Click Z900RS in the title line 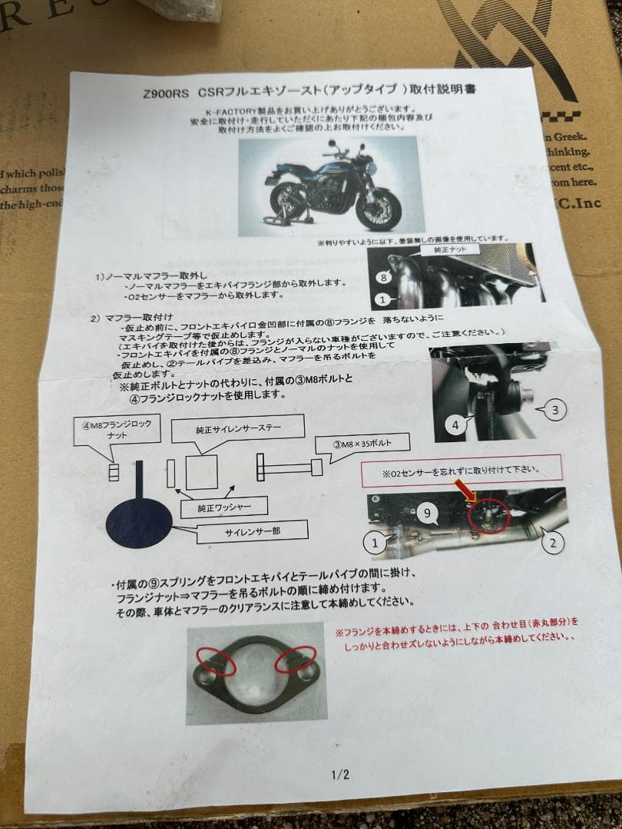tap(164, 93)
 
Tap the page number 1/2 tap(340, 775)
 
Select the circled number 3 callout tap(555, 410)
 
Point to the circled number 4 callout tap(455, 424)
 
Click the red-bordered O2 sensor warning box tap(461, 470)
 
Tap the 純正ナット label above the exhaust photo tap(451, 249)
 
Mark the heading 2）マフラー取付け tap(131, 316)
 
